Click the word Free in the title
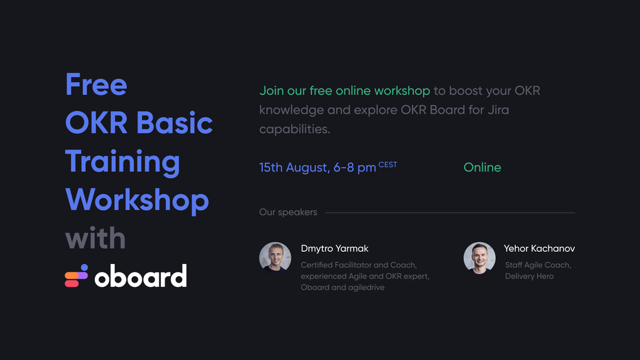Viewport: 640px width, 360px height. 96,85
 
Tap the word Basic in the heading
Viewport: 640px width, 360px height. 174,122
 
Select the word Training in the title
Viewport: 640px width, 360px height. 122,162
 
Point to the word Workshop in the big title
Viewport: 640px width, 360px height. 137,200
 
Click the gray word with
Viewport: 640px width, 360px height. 95,238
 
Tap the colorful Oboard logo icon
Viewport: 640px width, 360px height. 76,276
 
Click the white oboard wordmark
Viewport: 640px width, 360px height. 141,276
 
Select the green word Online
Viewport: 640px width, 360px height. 482,167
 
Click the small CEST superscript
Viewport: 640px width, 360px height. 388,165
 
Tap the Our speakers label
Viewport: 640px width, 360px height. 288,212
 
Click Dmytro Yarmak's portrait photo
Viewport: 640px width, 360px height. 275,258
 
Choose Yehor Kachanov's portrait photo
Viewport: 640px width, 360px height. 480,258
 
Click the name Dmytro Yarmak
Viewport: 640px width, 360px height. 334,249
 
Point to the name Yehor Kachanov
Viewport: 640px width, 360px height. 539,249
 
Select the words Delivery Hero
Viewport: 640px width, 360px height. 529,276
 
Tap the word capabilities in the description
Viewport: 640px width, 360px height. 295,129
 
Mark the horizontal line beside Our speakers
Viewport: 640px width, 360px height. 450,213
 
